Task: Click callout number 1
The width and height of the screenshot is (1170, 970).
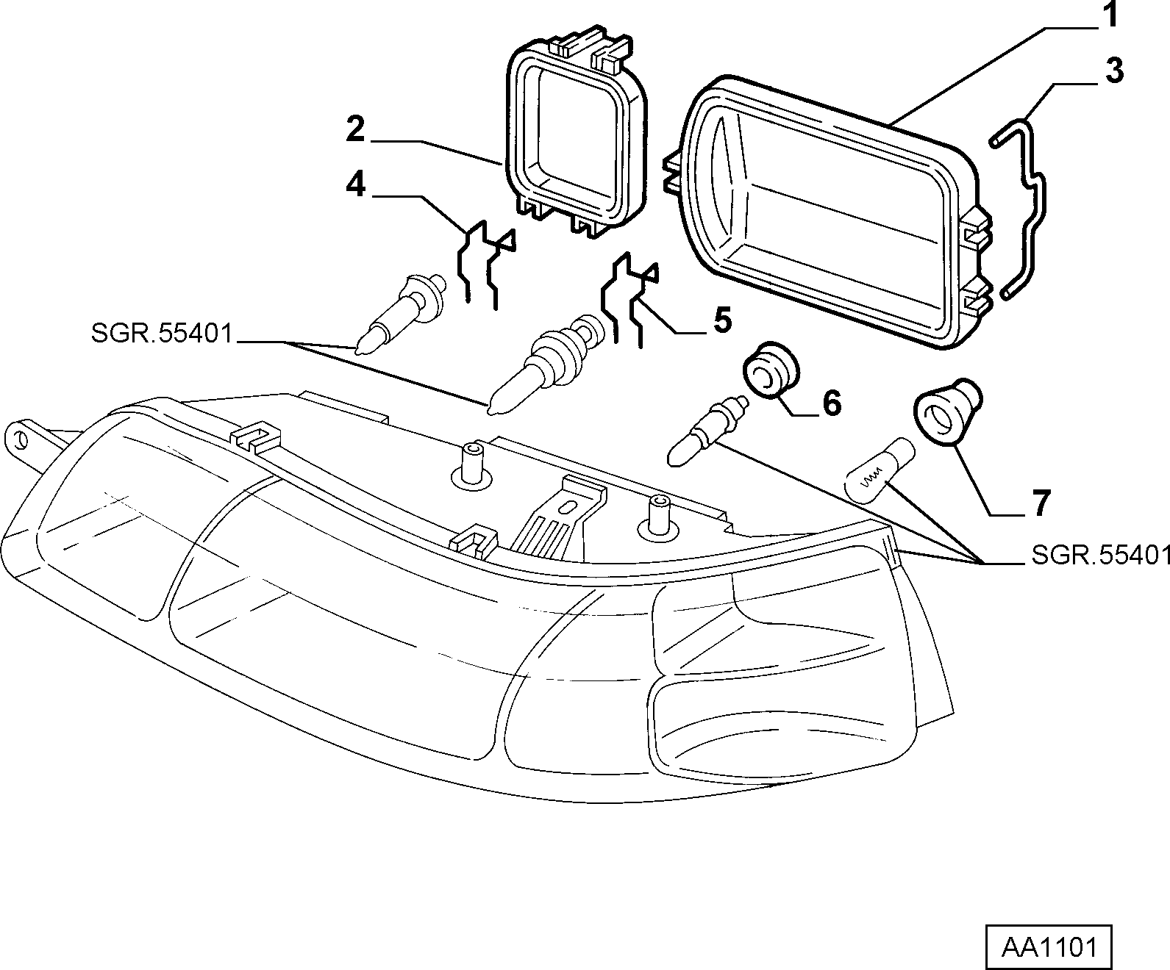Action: [x=1112, y=15]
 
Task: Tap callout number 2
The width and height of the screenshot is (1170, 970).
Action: [x=356, y=129]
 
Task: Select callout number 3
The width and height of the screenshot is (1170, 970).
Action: [x=1115, y=72]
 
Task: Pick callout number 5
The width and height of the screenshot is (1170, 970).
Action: [x=723, y=320]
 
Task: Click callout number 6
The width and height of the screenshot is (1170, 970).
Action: [x=832, y=403]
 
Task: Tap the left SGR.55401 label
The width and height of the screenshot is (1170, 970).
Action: [x=161, y=334]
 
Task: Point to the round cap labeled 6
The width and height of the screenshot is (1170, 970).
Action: [x=770, y=371]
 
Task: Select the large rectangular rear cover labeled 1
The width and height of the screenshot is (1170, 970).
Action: [x=830, y=213]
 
